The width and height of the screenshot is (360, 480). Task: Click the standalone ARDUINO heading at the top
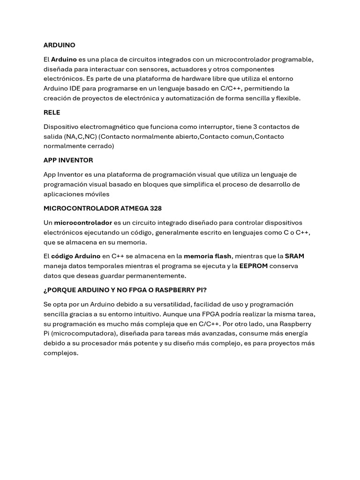click(x=59, y=45)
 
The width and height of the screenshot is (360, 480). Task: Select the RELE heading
click(x=52, y=112)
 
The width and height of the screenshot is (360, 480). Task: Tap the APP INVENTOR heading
click(x=68, y=160)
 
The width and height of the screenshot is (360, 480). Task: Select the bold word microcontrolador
click(x=83, y=222)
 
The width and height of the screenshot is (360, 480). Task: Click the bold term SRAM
click(x=294, y=256)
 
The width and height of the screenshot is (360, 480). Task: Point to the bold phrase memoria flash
click(x=207, y=256)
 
